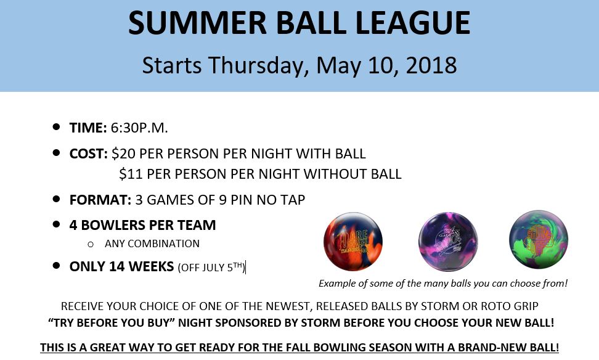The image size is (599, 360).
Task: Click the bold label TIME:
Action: point(88,128)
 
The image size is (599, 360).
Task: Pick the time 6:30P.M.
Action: point(139,128)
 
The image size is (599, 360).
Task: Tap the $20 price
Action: point(123,153)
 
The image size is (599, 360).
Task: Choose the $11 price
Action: point(131,174)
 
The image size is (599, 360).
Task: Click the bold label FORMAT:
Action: point(100,200)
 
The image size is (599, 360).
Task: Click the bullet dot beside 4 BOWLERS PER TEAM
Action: point(57,224)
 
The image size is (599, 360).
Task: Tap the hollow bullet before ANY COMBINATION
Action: point(91,244)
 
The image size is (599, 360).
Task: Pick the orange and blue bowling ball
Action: point(353,242)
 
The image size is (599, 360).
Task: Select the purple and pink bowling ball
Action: point(448,241)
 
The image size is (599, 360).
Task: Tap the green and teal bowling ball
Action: point(539,239)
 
